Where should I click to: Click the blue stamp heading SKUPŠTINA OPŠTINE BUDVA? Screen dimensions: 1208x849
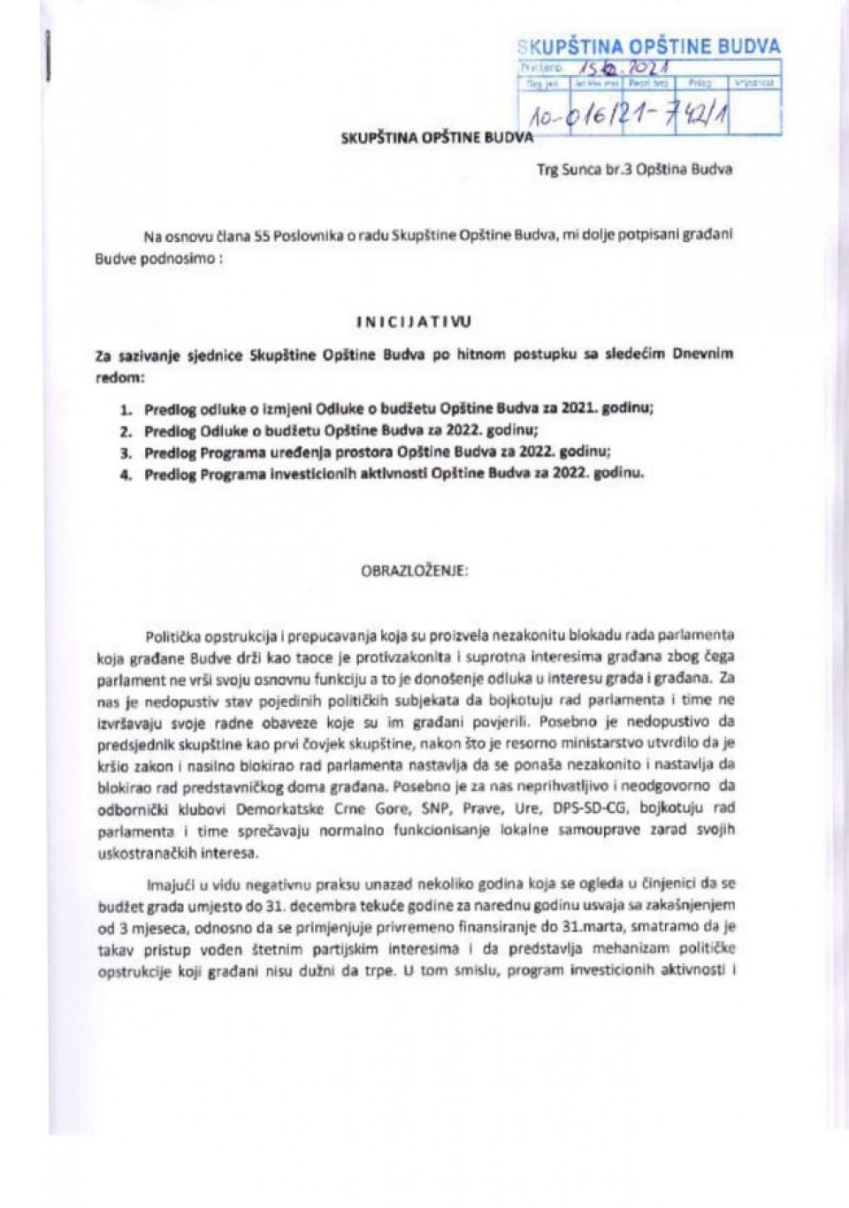[x=648, y=47]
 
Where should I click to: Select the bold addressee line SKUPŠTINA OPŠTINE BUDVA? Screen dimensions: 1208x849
[x=437, y=138]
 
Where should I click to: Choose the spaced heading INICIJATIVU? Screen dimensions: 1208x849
[x=415, y=323]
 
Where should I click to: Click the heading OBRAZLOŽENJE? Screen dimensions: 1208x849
[x=415, y=570]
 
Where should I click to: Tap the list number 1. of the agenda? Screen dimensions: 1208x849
[x=126, y=409]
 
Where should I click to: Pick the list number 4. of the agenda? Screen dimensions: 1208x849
[x=126, y=474]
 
